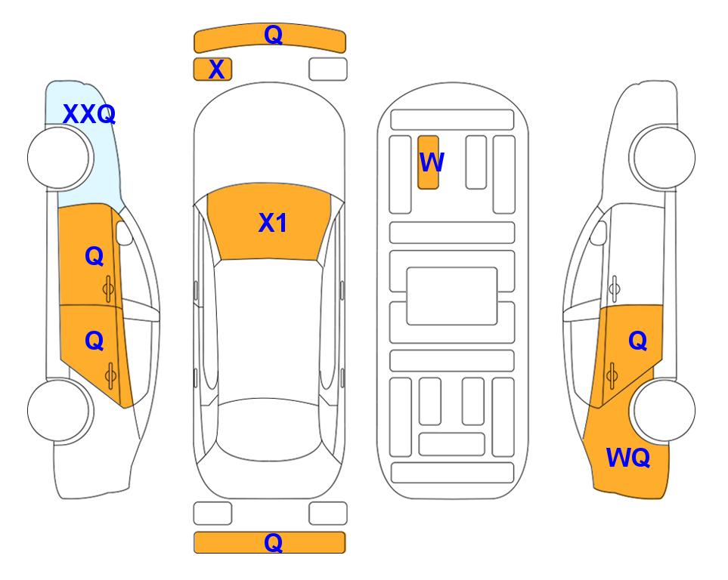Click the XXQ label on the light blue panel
(89, 114)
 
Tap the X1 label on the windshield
(273, 223)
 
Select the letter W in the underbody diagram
(432, 162)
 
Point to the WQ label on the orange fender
(627, 458)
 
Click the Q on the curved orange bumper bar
(273, 34)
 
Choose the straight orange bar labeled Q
(269, 542)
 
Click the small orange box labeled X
(212, 69)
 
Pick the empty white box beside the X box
(328, 69)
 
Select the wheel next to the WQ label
(664, 410)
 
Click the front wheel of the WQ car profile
(664, 158)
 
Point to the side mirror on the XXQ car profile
(124, 233)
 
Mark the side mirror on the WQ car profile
(599, 233)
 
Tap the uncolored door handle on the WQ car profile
(615, 288)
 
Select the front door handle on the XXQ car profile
(108, 288)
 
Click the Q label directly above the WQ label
(637, 341)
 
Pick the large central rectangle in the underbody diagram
(452, 296)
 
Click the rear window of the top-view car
(269, 429)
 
